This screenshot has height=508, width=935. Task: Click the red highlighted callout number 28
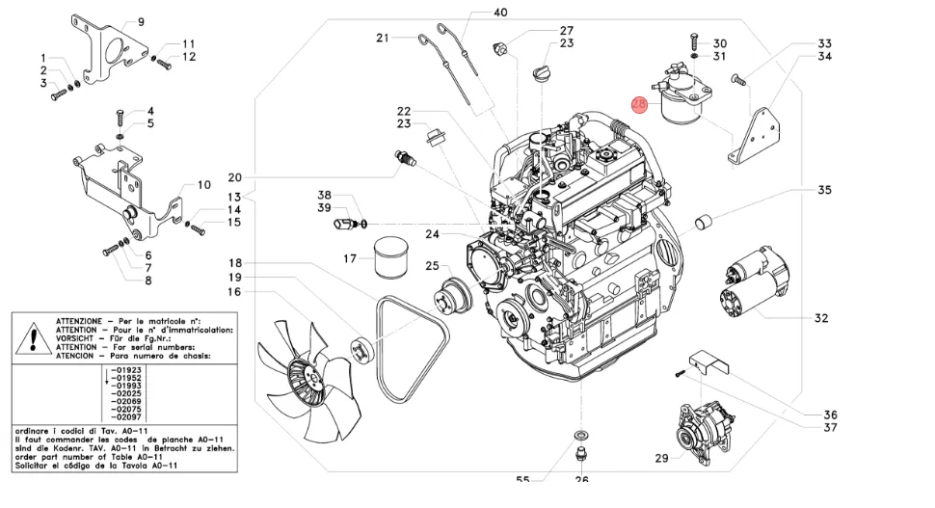point(639,104)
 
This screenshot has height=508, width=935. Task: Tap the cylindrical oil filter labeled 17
point(391,258)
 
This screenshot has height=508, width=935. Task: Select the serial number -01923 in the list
point(126,370)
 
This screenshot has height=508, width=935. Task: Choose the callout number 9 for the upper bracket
point(140,21)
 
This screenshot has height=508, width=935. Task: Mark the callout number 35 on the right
point(824,191)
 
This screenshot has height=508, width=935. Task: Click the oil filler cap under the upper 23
point(540,74)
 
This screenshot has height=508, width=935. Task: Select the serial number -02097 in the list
point(126,416)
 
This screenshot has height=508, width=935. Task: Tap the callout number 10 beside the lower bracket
point(203,185)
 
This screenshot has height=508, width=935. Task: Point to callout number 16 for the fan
point(234,292)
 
